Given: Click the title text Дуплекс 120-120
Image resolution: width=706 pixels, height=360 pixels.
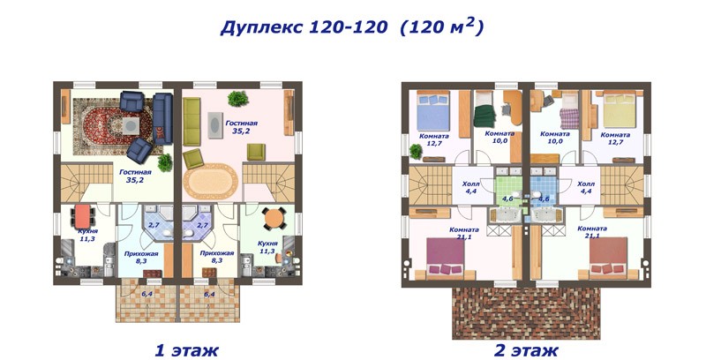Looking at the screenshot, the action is click(x=303, y=28).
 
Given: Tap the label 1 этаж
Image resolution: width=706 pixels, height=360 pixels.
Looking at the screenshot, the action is click(x=186, y=350).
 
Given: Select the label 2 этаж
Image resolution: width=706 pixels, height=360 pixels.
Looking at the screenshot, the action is click(x=526, y=350).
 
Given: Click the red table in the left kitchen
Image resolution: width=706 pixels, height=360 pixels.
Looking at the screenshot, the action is click(x=82, y=216).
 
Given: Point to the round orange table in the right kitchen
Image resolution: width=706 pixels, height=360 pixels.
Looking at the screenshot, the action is click(x=273, y=218).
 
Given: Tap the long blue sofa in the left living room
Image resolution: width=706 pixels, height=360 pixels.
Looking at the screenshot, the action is click(x=162, y=119).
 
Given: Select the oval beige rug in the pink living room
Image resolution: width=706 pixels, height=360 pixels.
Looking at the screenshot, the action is click(x=210, y=182).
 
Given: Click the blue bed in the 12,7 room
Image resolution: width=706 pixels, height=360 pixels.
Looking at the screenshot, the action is click(x=433, y=113).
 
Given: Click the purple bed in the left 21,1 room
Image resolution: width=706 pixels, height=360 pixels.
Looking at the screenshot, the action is click(x=446, y=257).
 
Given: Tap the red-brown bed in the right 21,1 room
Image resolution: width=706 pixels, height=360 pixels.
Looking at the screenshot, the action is click(x=608, y=257).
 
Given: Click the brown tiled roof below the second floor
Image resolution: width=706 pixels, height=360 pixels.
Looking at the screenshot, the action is click(x=526, y=312).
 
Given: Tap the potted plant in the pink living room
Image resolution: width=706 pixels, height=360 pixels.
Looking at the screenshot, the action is click(x=237, y=98).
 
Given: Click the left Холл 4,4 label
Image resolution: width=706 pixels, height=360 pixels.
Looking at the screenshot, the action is click(x=471, y=188).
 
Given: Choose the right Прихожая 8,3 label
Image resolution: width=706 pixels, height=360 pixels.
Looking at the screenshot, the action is click(x=217, y=257).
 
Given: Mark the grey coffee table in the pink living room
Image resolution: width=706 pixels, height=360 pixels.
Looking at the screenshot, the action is click(x=214, y=124).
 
